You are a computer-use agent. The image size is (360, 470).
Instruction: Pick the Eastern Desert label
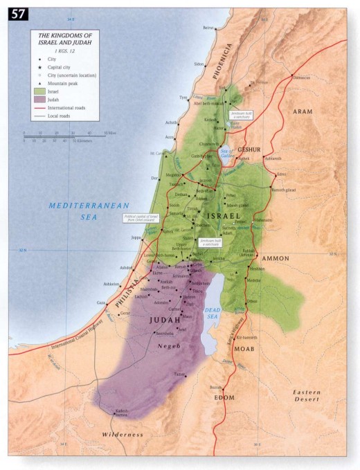coord(305,396)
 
